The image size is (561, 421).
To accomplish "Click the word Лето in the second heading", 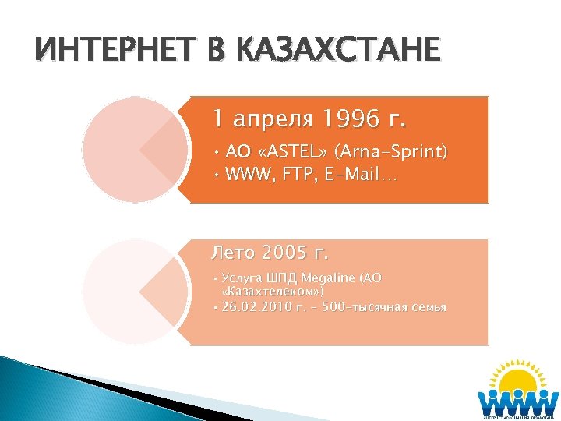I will pyautogui.click(x=235, y=253).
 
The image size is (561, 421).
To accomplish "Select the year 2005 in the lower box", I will pyautogui.click(x=286, y=253).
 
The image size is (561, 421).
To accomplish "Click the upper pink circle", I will pyautogui.click(x=136, y=150).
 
